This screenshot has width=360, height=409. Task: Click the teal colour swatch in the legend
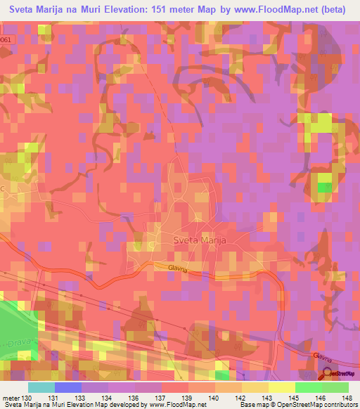(41, 387)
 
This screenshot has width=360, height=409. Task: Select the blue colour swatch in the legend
(67, 387)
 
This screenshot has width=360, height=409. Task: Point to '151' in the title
(162, 11)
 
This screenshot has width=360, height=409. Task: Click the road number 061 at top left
(6, 40)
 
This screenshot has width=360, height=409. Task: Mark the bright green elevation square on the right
(324, 187)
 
